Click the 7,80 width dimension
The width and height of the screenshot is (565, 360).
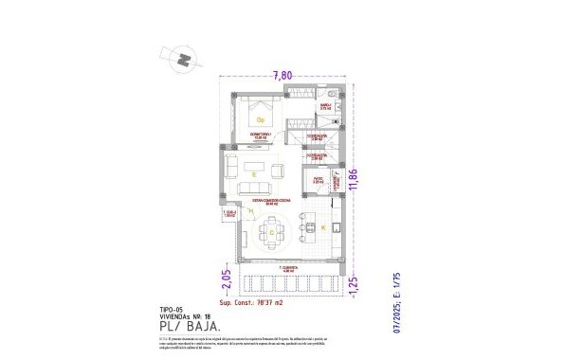click(x=282, y=75)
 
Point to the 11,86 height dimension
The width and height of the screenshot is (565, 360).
click(x=354, y=179)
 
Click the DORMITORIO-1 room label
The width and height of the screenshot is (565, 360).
click(x=261, y=136)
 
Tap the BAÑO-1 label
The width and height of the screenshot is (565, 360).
click(x=325, y=108)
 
